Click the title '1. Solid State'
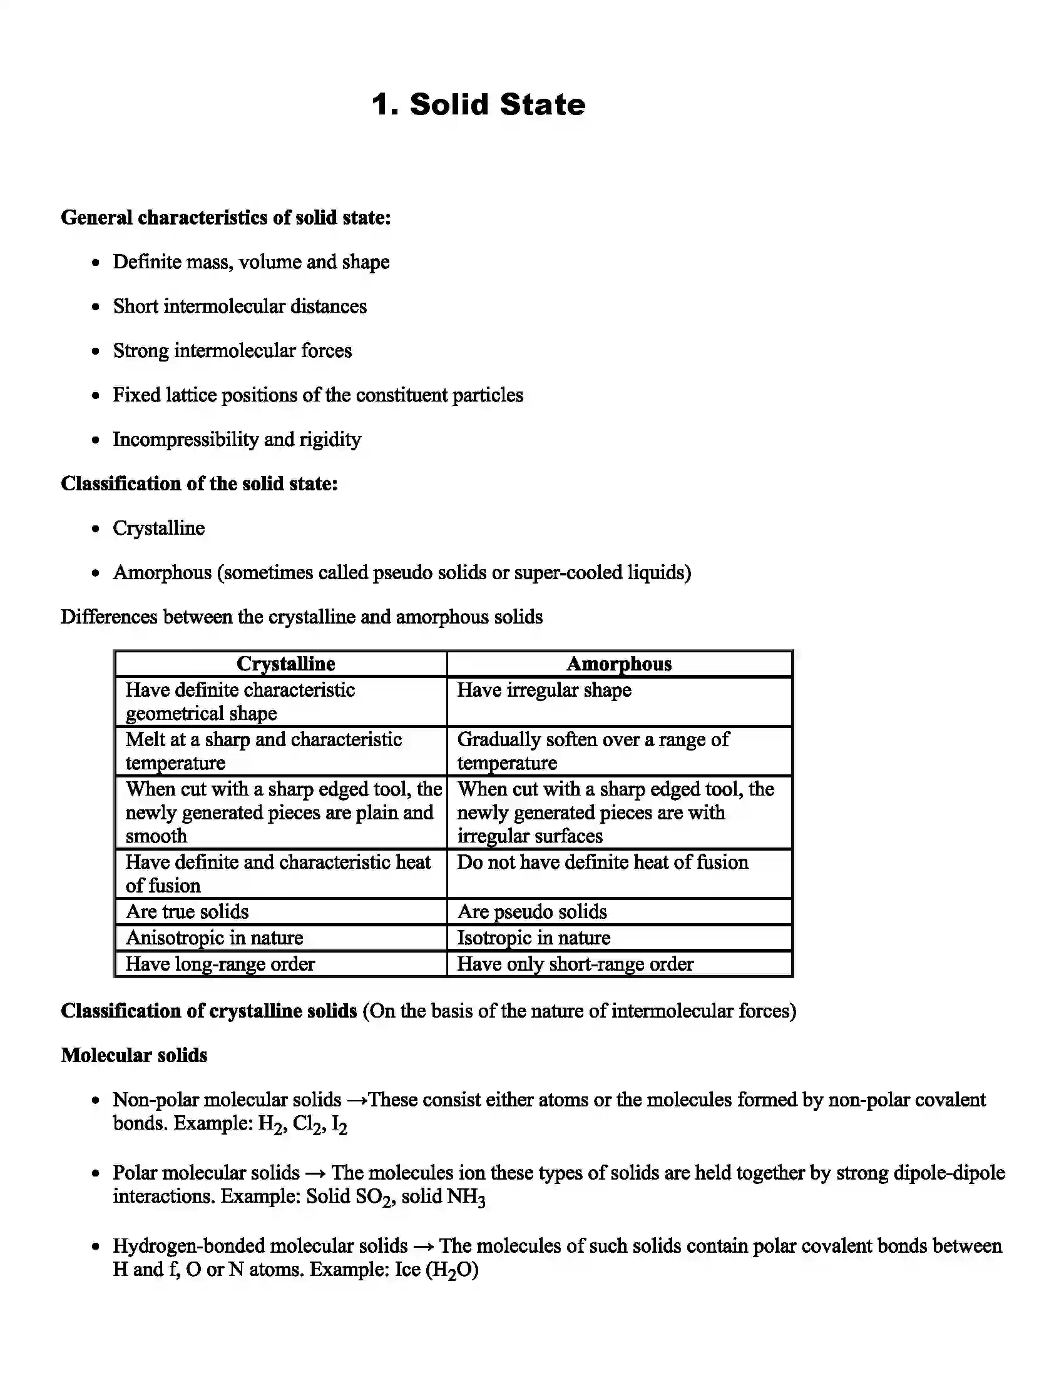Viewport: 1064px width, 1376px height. (x=478, y=104)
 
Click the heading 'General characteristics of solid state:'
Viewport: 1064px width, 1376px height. (x=226, y=218)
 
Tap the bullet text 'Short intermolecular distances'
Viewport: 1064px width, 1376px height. (x=240, y=306)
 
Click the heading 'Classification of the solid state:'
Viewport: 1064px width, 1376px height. (x=199, y=483)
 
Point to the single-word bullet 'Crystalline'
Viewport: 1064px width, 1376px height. (x=159, y=528)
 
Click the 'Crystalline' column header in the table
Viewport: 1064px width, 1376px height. (x=285, y=664)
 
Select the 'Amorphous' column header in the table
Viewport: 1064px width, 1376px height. (x=619, y=664)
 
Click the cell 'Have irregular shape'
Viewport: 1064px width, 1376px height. (x=544, y=690)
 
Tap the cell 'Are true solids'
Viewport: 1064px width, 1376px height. (x=187, y=912)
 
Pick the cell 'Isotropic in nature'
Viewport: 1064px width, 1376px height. (x=533, y=938)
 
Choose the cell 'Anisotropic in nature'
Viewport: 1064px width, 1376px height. (x=214, y=938)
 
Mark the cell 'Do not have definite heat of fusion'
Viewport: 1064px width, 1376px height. (x=603, y=862)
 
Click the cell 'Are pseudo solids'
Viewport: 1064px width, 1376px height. (x=532, y=912)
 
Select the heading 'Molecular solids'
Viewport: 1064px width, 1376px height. (x=135, y=1055)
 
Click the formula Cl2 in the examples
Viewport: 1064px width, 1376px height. (x=308, y=1125)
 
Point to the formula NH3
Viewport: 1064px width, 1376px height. (x=466, y=1196)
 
